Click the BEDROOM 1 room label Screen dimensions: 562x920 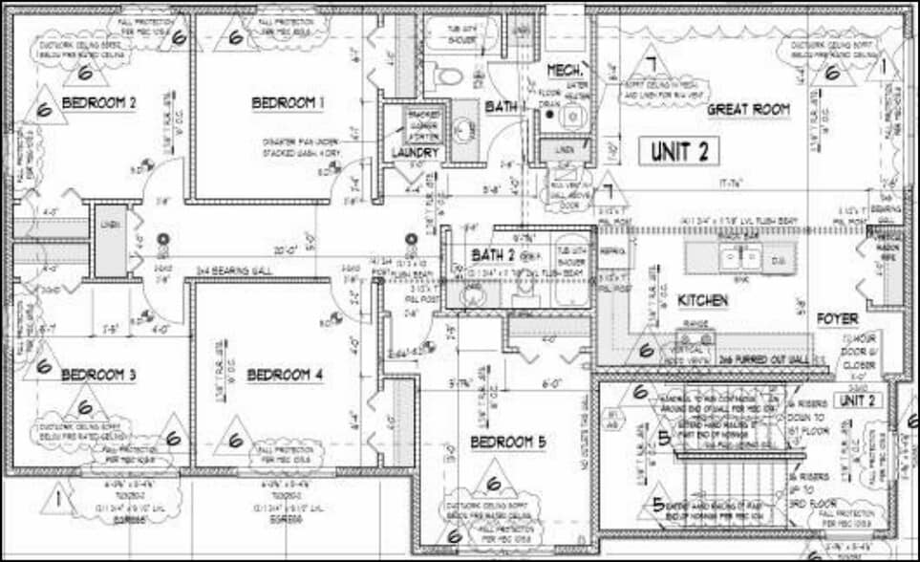pyautogui.click(x=288, y=102)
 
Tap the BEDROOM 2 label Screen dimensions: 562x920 pyautogui.click(x=99, y=102)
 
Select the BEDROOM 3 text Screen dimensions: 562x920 pyautogui.click(x=98, y=376)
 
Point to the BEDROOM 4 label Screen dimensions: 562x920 pyautogui.click(x=285, y=376)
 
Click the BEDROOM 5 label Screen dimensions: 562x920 pyautogui.click(x=507, y=442)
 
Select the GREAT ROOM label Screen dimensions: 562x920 pyautogui.click(x=748, y=110)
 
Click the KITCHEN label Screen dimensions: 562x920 pyautogui.click(x=703, y=301)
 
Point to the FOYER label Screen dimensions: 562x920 pyautogui.click(x=837, y=318)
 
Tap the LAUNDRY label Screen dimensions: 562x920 pyautogui.click(x=415, y=153)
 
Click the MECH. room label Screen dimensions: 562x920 pyautogui.click(x=565, y=72)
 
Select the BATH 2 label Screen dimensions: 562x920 pyautogui.click(x=494, y=255)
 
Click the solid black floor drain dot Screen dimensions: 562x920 pyautogui.click(x=549, y=116)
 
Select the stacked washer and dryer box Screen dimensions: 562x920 pyautogui.click(x=424, y=125)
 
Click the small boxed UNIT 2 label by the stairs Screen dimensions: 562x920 pyautogui.click(x=858, y=400)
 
